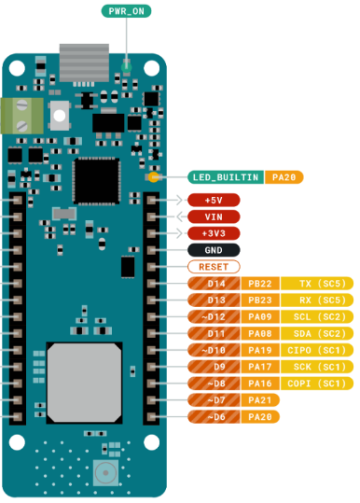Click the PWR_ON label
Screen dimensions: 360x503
point(126,11)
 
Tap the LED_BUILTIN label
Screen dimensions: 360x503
point(226,177)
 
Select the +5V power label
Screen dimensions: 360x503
point(214,200)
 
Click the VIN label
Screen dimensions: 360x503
point(214,217)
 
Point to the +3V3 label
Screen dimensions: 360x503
point(214,233)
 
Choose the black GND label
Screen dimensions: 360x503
point(214,250)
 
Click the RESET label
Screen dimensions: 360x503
point(214,267)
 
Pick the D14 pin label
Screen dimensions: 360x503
point(214,284)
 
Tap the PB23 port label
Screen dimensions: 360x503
point(260,300)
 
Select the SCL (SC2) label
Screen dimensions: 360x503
point(317,317)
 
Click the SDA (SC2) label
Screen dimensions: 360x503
point(317,334)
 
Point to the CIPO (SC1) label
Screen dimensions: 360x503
point(317,350)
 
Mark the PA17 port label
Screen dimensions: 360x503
point(260,367)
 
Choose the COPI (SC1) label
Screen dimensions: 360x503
point(317,384)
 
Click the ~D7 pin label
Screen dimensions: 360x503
point(214,400)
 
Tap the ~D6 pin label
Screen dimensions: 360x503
point(214,417)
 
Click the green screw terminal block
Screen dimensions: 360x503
point(21,116)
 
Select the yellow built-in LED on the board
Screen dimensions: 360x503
point(154,177)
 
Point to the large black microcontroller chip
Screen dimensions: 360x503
point(96,181)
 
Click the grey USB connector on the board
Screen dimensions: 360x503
point(84,63)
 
